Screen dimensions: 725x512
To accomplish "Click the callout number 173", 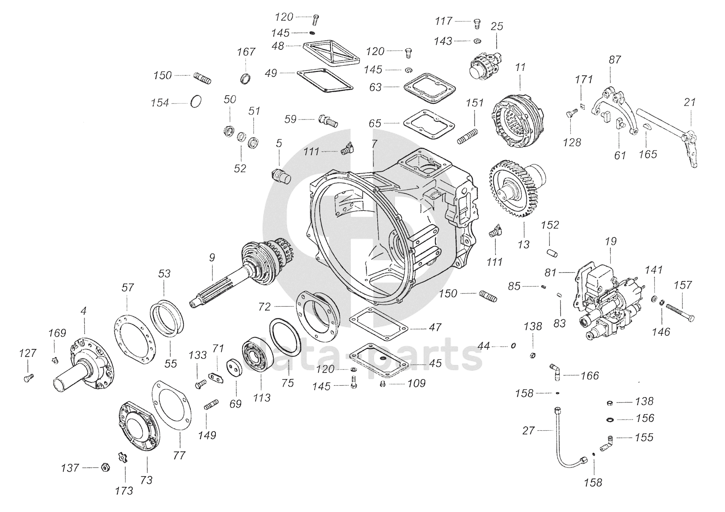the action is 124,491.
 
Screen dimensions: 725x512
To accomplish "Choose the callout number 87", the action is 615,60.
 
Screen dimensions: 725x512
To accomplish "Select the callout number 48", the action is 278,46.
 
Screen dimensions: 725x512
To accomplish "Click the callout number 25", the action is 497,26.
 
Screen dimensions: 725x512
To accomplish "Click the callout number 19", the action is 611,242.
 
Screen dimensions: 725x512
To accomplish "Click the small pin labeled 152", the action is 552,252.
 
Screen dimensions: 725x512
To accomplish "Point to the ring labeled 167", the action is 246,78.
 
